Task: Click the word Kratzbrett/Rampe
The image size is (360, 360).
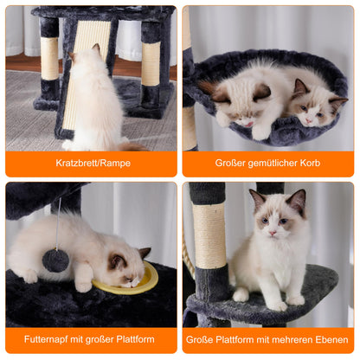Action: pos(93,163)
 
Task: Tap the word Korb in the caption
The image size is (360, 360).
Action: pos(310,163)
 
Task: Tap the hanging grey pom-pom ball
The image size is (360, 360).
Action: pos(55,260)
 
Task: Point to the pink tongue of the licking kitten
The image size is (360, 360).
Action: pos(249,125)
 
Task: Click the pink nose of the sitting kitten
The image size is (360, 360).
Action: pos(273,233)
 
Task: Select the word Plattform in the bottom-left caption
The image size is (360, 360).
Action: pos(135,339)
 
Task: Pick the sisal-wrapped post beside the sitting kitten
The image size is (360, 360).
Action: pos(209,236)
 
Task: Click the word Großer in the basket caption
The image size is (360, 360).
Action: pos(230,163)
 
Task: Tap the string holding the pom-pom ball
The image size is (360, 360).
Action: pos(58,223)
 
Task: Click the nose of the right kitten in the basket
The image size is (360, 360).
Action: pos(309,121)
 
